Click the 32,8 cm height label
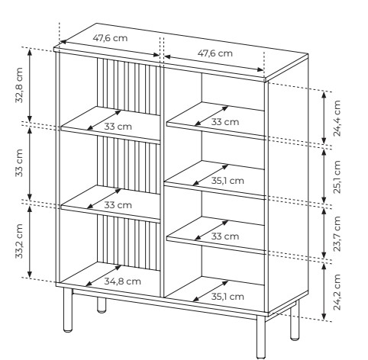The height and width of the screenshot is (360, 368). pyautogui.click(x=19, y=85)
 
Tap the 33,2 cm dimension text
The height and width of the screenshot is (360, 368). pyautogui.click(x=19, y=241)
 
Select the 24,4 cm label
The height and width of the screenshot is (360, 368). pyautogui.click(x=337, y=118)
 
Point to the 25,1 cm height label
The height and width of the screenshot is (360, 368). pyautogui.click(x=337, y=177)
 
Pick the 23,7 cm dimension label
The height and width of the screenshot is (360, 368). pyautogui.click(x=337, y=233)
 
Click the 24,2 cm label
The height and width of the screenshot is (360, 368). pyautogui.click(x=337, y=292)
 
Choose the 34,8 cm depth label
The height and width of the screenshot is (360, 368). pyautogui.click(x=122, y=281)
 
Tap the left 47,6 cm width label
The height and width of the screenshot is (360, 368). pyautogui.click(x=110, y=38)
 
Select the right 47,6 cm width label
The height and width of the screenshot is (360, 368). pyautogui.click(x=215, y=53)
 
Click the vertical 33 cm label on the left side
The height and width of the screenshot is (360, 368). pyautogui.click(x=19, y=163)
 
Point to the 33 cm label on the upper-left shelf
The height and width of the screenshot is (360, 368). pyautogui.click(x=118, y=127)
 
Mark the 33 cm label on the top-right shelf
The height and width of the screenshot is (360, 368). pyautogui.click(x=225, y=122)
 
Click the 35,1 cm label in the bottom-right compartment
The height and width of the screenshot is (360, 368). pyautogui.click(x=228, y=297)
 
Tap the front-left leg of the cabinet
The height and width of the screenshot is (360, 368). pyautogui.click(x=68, y=310)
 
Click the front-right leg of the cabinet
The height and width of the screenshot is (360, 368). pyautogui.click(x=261, y=337)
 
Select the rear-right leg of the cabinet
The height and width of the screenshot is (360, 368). pyautogui.click(x=295, y=320)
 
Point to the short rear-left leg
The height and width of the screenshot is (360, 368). pyautogui.click(x=102, y=305)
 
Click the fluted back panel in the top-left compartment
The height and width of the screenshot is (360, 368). pyautogui.click(x=128, y=86)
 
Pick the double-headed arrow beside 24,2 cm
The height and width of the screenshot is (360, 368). pyautogui.click(x=324, y=291)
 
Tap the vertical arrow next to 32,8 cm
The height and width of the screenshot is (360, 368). pyautogui.click(x=30, y=85)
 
